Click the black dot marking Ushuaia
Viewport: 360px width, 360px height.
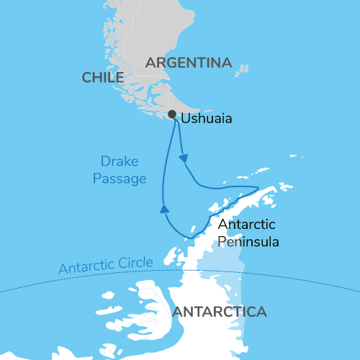[171, 114]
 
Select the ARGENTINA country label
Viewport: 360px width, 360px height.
[189, 63]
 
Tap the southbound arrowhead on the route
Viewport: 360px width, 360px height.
[184, 157]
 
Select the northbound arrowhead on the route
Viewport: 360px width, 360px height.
[164, 210]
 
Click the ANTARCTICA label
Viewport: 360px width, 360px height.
[220, 312]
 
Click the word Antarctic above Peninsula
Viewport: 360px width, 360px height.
[244, 225]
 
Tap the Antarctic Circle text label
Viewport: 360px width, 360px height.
[106, 266]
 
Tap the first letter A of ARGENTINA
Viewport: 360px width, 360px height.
[150, 63]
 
